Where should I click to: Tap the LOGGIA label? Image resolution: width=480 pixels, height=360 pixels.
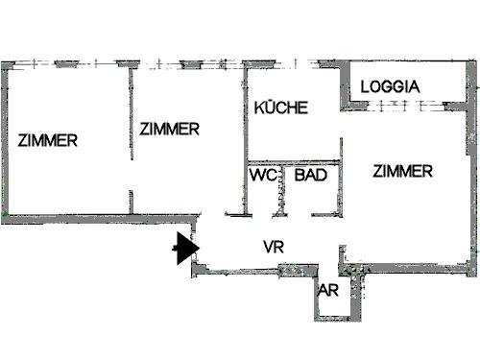[x=390, y=86]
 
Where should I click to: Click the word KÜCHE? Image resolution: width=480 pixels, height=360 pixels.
[x=280, y=108]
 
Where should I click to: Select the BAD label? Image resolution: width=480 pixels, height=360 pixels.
[x=309, y=176]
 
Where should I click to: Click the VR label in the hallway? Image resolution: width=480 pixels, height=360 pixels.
[x=274, y=247]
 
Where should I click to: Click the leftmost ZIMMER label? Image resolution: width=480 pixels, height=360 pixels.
[x=47, y=140]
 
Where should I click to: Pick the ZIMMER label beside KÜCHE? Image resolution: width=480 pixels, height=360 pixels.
[x=169, y=129]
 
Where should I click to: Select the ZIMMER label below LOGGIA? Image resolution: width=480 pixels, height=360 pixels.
[x=403, y=172]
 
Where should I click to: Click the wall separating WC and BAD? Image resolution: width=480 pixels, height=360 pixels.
[x=284, y=188]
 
